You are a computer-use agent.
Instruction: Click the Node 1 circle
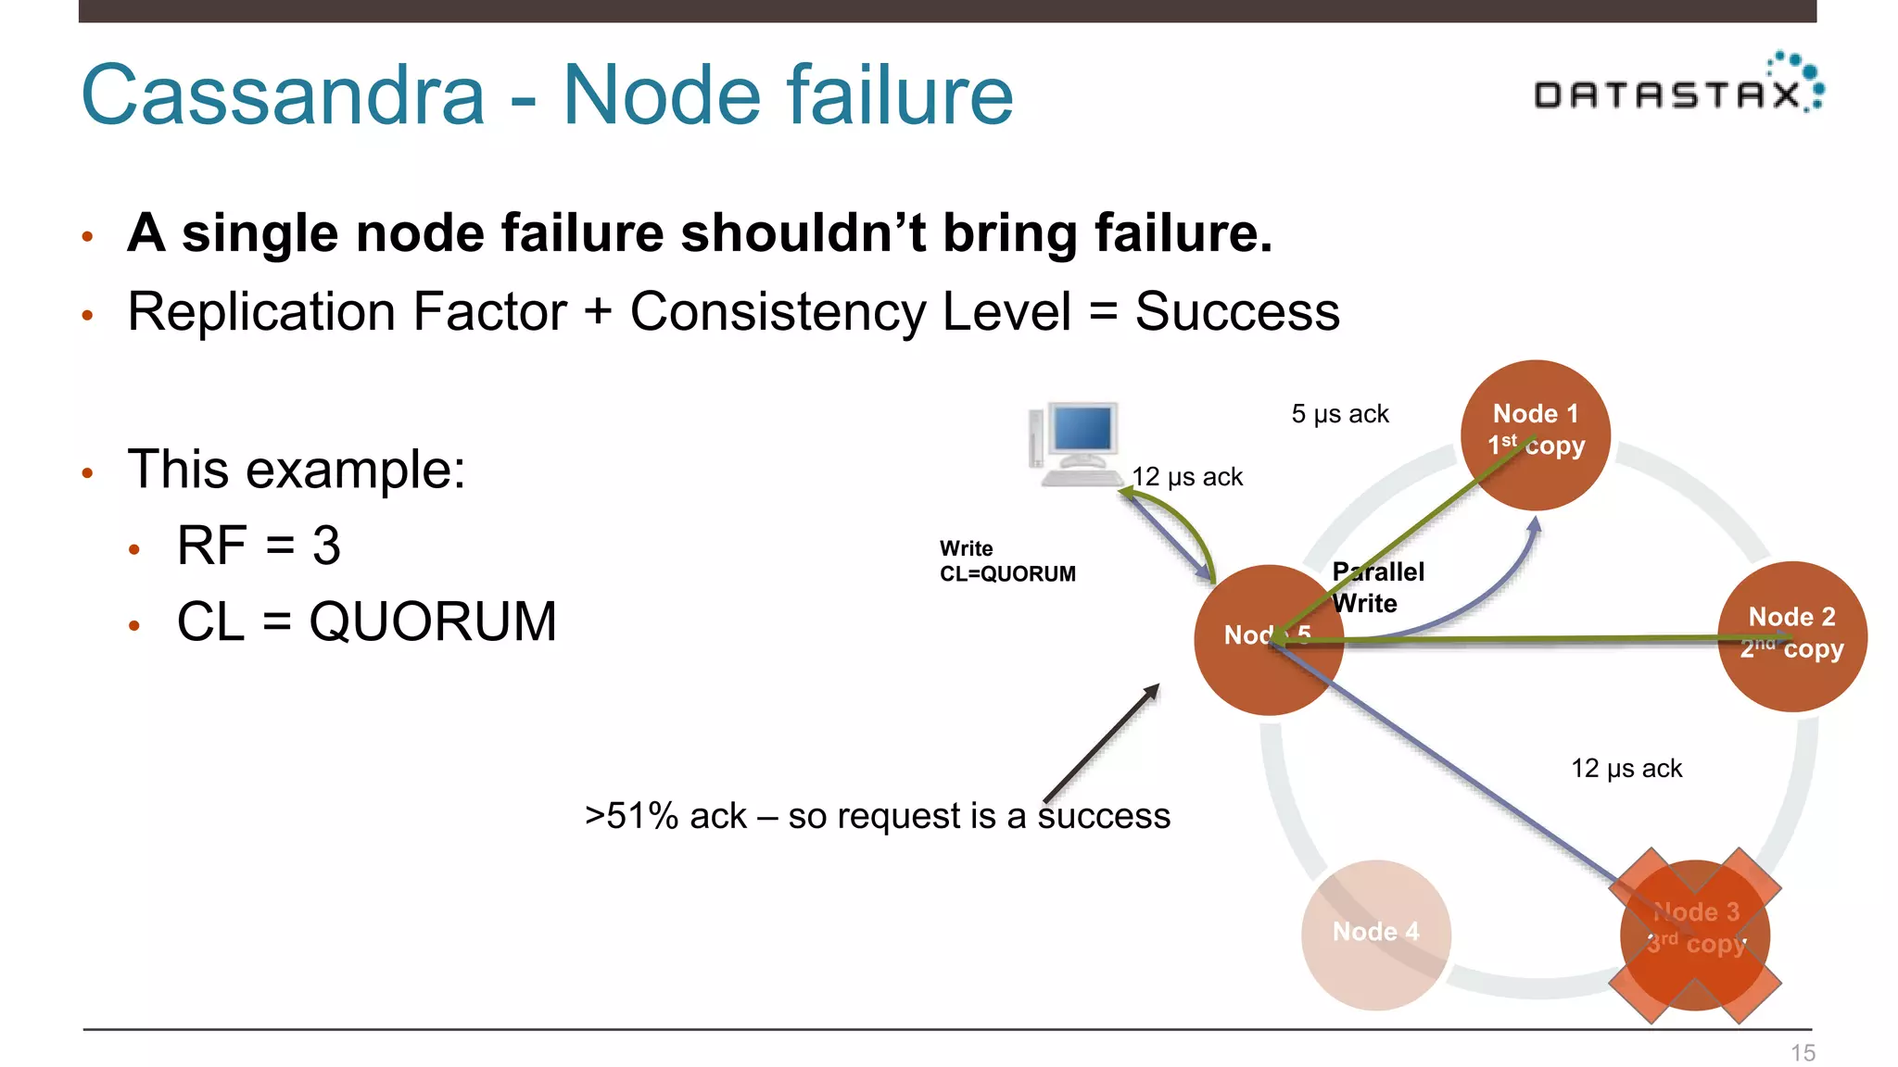[x=1535, y=434]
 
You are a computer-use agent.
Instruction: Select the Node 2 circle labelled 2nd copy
[x=1791, y=636]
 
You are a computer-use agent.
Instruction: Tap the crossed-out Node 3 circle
[x=1695, y=935]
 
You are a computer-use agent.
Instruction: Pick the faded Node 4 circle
[x=1375, y=934]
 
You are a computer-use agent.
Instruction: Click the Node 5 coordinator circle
[x=1268, y=640]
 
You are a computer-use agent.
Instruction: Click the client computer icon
[x=1075, y=444]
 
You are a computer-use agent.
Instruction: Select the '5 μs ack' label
[x=1339, y=414]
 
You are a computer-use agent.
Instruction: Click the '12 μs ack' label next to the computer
[x=1187, y=477]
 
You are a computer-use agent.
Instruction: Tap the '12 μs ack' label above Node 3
[x=1626, y=769]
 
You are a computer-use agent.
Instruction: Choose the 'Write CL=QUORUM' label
[x=1007, y=561]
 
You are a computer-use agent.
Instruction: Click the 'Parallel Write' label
[x=1377, y=587]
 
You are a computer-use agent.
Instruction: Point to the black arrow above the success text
[x=1101, y=743]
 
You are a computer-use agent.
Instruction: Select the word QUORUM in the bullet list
[x=433, y=621]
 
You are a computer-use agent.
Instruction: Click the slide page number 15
[x=1803, y=1053]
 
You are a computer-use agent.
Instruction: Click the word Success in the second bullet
[x=1237, y=311]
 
